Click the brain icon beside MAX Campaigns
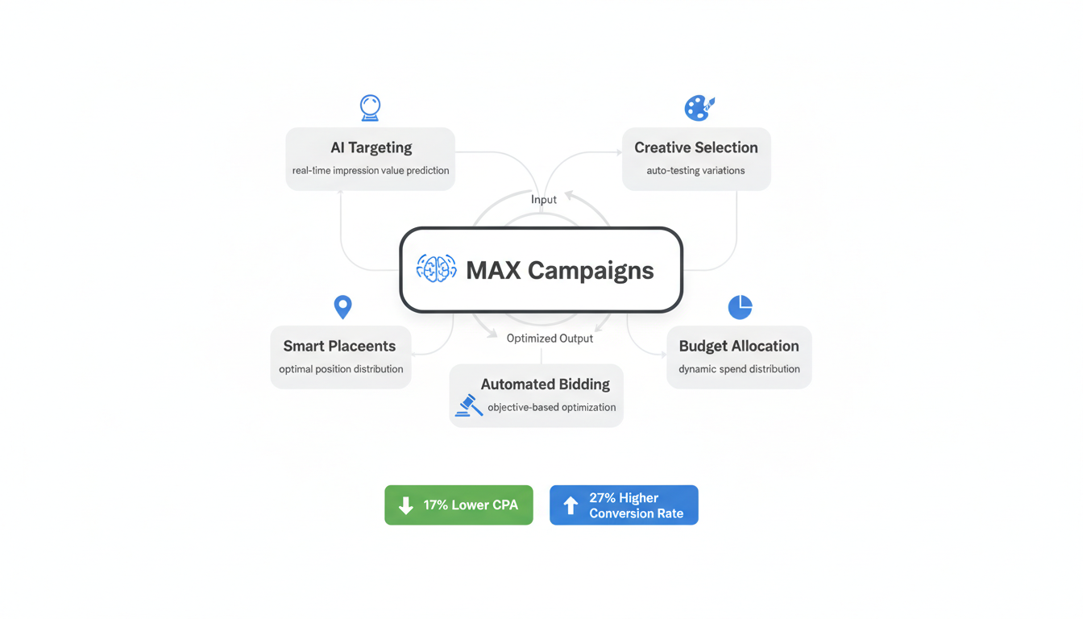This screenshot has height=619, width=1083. pyautogui.click(x=436, y=269)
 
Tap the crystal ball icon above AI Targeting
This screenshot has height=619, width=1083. pyautogui.click(x=370, y=107)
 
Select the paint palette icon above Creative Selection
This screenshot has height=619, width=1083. pyautogui.click(x=699, y=107)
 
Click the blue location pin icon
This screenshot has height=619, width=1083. pyautogui.click(x=342, y=306)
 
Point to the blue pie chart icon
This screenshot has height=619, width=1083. pyautogui.click(x=740, y=307)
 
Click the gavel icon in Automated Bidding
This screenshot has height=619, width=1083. pyautogui.click(x=468, y=405)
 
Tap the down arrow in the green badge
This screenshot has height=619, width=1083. pyautogui.click(x=406, y=505)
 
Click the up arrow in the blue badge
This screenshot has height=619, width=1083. pyautogui.click(x=571, y=505)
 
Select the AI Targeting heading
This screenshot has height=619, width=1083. pyautogui.click(x=371, y=147)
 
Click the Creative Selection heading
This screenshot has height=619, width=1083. pyautogui.click(x=695, y=147)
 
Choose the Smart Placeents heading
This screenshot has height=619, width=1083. pyautogui.click(x=339, y=346)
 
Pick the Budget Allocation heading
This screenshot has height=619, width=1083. pyautogui.click(x=739, y=346)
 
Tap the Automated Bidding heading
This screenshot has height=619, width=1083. pyautogui.click(x=545, y=384)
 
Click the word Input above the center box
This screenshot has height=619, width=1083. pyautogui.click(x=544, y=199)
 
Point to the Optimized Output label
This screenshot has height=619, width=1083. pyautogui.click(x=550, y=339)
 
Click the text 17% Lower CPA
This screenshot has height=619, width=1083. pyautogui.click(x=471, y=505)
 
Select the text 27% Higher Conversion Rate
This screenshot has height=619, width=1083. pyautogui.click(x=636, y=505)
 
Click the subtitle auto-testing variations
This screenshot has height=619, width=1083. pyautogui.click(x=695, y=171)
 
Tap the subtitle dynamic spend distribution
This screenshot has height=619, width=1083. pyautogui.click(x=739, y=369)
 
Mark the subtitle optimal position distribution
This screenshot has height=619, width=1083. pyautogui.click(x=341, y=369)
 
